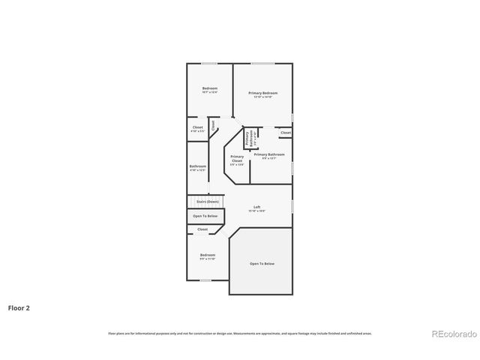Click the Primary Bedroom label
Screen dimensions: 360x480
click(x=262, y=92)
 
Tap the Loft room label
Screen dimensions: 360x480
click(x=257, y=207)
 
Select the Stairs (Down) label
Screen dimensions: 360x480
click(x=208, y=202)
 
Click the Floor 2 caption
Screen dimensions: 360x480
click(x=19, y=307)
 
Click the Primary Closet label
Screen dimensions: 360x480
click(x=237, y=158)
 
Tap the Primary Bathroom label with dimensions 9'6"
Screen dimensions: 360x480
click(x=269, y=154)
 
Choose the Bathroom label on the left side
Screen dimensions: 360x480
click(x=198, y=166)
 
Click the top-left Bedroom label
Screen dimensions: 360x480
click(x=209, y=88)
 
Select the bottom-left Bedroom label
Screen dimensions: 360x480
click(x=208, y=255)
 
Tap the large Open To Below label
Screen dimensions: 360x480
click(x=262, y=263)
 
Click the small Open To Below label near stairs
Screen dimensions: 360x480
click(x=205, y=216)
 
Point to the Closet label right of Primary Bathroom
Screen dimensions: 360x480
click(x=286, y=133)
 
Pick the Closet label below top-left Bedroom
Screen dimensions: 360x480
click(x=198, y=127)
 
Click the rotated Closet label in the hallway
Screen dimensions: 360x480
click(x=213, y=126)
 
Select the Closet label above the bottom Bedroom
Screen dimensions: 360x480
click(x=202, y=229)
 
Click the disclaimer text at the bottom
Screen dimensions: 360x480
click(x=240, y=333)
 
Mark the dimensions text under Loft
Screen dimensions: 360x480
click(x=257, y=211)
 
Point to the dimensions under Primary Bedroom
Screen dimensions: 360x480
click(x=262, y=97)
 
